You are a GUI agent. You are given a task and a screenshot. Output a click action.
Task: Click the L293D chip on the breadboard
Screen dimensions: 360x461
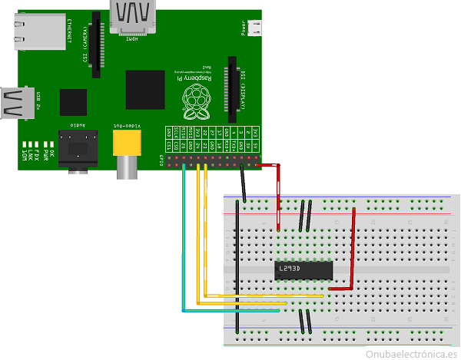click(x=303, y=269)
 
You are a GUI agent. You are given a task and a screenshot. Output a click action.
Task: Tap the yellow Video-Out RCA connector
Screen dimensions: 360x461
click(x=127, y=143)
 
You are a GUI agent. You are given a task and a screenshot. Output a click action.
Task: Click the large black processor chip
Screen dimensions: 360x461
click(x=145, y=89)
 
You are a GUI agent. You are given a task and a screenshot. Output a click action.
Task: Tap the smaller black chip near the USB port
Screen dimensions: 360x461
click(x=73, y=102)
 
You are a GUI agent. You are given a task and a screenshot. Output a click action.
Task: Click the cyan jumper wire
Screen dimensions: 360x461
click(x=183, y=246)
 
